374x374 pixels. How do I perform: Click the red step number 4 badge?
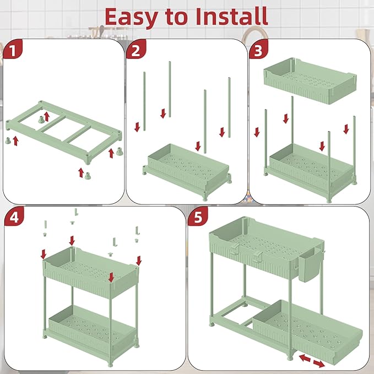coord(14,217)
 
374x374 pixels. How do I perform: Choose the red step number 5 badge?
coord(198,217)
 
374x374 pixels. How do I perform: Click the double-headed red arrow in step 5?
coord(312,361)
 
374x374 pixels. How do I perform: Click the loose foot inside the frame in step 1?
coord(41,120)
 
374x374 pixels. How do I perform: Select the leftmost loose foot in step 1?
coord(8,140)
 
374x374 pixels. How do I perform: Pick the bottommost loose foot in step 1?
coord(88,175)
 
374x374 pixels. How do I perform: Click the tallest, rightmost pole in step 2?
coord(229,107)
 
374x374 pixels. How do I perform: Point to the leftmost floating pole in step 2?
coord(144,101)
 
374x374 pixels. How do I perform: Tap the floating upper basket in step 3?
coord(310,80)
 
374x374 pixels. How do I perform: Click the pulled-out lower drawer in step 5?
coord(308,332)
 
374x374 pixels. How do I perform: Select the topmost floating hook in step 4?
coord(77,212)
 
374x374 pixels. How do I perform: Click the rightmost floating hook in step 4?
coord(137,230)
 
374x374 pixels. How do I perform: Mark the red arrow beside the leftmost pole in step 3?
coord(257,132)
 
